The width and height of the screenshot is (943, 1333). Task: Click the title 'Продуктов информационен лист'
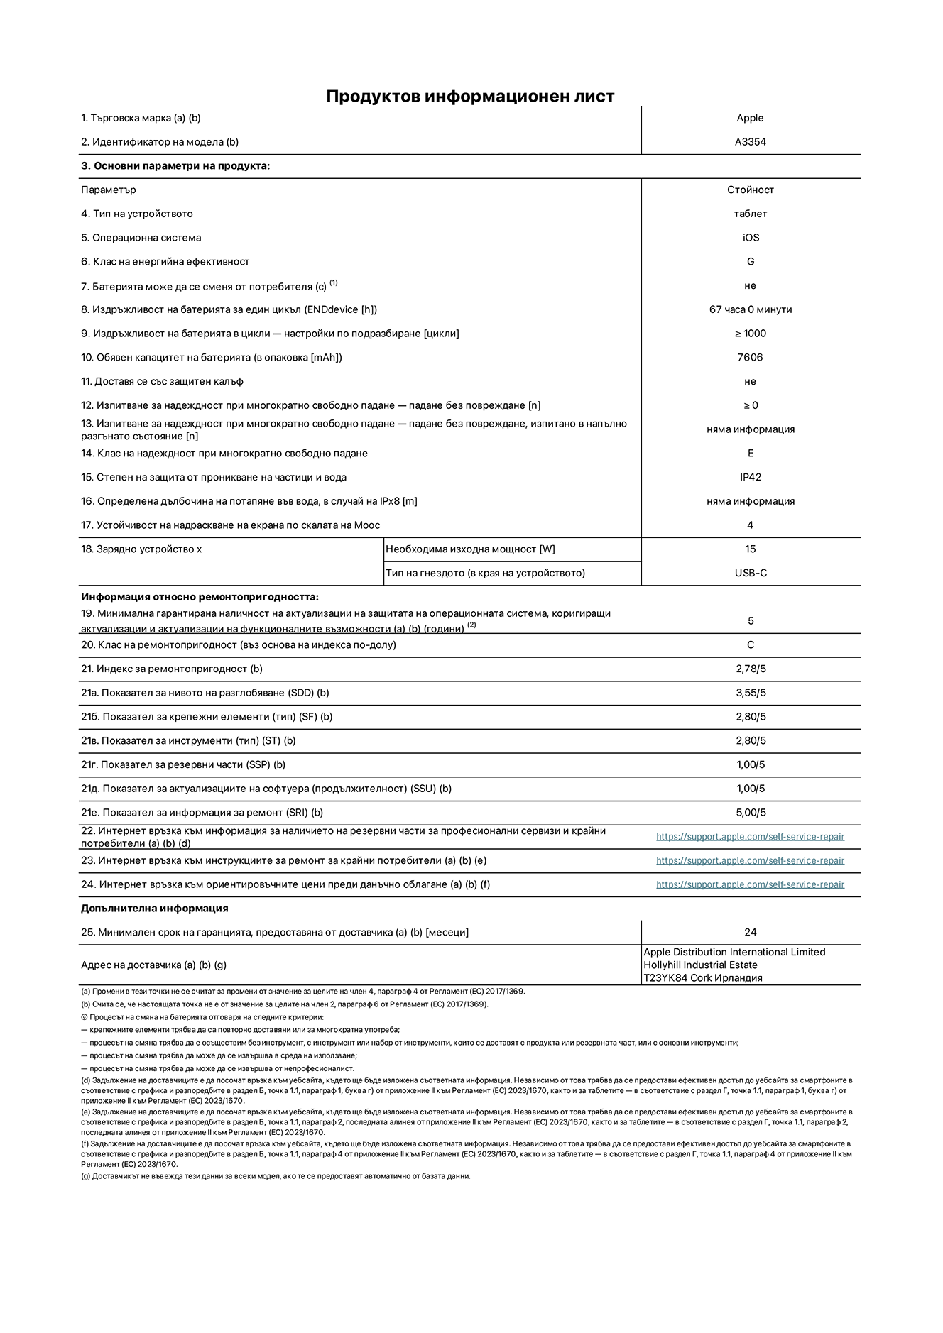pyautogui.click(x=470, y=97)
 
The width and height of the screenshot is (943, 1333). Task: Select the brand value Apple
pyautogui.click(x=750, y=118)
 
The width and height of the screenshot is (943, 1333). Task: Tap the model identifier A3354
pyautogui.click(x=750, y=142)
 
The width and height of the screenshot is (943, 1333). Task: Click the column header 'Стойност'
pyautogui.click(x=750, y=190)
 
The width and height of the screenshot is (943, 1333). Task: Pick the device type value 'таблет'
pyautogui.click(x=750, y=214)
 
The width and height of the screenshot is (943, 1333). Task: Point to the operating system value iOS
pyautogui.click(x=750, y=238)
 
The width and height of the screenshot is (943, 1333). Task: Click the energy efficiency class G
pyautogui.click(x=750, y=262)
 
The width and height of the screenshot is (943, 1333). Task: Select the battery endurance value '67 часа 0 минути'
pyautogui.click(x=750, y=309)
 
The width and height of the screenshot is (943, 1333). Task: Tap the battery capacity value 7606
pyautogui.click(x=750, y=358)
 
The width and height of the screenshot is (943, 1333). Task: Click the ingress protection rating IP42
pyautogui.click(x=750, y=477)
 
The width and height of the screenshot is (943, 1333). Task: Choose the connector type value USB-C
pyautogui.click(x=750, y=573)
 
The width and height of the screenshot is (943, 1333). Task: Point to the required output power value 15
pyautogui.click(x=750, y=549)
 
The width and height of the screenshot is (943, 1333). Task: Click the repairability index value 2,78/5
pyautogui.click(x=750, y=669)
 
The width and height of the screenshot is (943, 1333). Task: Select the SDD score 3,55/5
pyautogui.click(x=750, y=693)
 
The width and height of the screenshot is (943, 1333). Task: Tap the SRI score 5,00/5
pyautogui.click(x=750, y=813)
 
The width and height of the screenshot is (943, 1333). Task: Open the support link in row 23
pyautogui.click(x=750, y=860)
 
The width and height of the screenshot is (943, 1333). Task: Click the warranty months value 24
pyautogui.click(x=750, y=932)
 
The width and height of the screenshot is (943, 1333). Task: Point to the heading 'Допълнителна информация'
pyautogui.click(x=154, y=909)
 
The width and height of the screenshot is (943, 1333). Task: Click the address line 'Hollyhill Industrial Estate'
pyautogui.click(x=700, y=965)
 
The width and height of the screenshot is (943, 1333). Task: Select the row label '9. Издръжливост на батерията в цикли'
pyautogui.click(x=270, y=334)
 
